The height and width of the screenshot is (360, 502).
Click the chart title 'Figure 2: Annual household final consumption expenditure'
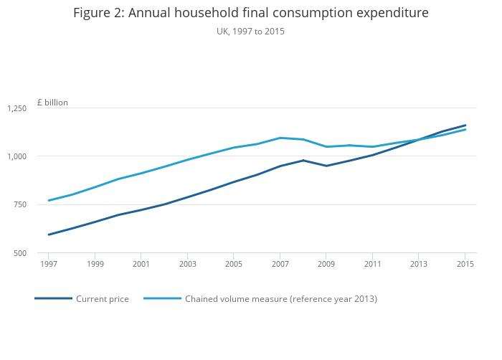point(250,13)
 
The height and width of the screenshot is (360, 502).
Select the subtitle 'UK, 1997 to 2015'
point(250,32)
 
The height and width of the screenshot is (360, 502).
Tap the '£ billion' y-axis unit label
point(52,103)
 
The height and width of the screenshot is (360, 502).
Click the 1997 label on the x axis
point(48,264)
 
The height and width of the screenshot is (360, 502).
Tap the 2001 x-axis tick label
point(141,264)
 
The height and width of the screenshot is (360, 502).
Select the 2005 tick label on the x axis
point(233,264)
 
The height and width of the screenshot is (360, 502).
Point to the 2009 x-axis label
point(326,264)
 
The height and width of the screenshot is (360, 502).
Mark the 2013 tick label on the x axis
point(419,264)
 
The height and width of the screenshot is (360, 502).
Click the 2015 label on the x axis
point(465,264)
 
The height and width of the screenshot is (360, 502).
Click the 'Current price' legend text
point(103,299)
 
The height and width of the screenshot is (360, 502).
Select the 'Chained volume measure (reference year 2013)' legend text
point(281,299)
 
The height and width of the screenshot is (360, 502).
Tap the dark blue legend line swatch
point(54,298)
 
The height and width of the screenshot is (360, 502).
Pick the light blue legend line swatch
point(163,298)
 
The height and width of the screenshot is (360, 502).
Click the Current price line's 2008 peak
point(303,160)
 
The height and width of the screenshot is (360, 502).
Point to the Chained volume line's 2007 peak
point(280,138)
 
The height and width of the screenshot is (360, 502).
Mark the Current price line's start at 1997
point(48,235)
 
